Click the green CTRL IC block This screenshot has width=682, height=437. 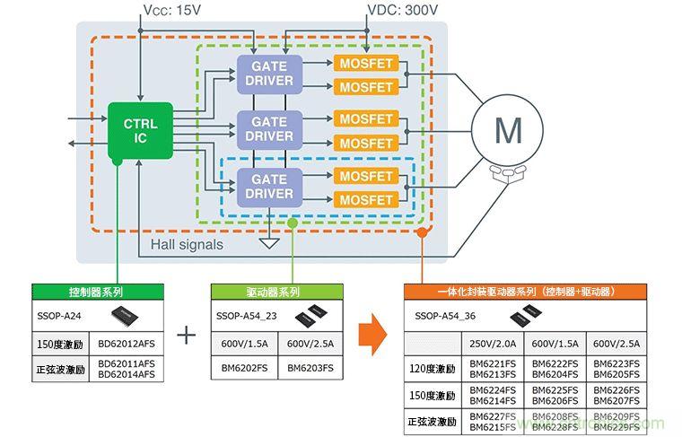[x=140, y=130]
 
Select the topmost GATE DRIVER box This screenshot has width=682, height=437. [x=270, y=72]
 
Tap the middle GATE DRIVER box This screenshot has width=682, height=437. [x=270, y=128]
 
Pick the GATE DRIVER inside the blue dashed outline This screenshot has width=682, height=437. [x=270, y=186]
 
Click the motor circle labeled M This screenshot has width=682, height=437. [x=508, y=131]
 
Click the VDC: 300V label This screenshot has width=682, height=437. [x=403, y=10]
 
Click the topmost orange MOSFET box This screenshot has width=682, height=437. [x=366, y=64]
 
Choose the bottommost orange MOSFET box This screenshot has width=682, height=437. [x=366, y=199]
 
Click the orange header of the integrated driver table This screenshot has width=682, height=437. [x=525, y=293]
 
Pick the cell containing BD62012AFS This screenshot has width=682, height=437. [x=131, y=345]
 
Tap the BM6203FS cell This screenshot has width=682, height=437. [x=310, y=368]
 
